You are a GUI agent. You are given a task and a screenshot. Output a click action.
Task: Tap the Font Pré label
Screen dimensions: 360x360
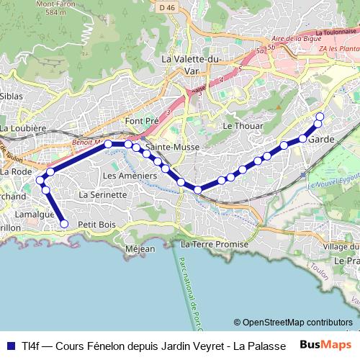point(141,121)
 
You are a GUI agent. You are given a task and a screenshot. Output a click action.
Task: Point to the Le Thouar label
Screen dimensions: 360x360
point(238,125)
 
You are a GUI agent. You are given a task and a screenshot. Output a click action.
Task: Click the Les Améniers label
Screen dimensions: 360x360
point(130,176)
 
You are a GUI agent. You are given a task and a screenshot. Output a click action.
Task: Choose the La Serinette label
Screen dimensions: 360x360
point(103,194)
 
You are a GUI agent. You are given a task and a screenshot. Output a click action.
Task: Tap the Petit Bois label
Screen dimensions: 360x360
point(96,225)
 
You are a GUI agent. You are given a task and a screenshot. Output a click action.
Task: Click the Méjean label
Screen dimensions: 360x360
point(140,249)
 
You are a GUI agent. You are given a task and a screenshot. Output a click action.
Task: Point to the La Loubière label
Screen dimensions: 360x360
point(24,128)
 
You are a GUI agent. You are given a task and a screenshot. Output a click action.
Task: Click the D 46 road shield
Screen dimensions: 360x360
point(167,7)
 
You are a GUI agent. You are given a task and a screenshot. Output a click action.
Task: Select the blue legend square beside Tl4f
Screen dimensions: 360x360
point(10,345)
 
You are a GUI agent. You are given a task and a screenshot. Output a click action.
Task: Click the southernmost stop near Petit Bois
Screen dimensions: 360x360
point(64,224)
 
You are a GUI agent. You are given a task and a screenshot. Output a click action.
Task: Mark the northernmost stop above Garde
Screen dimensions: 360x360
point(320,117)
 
